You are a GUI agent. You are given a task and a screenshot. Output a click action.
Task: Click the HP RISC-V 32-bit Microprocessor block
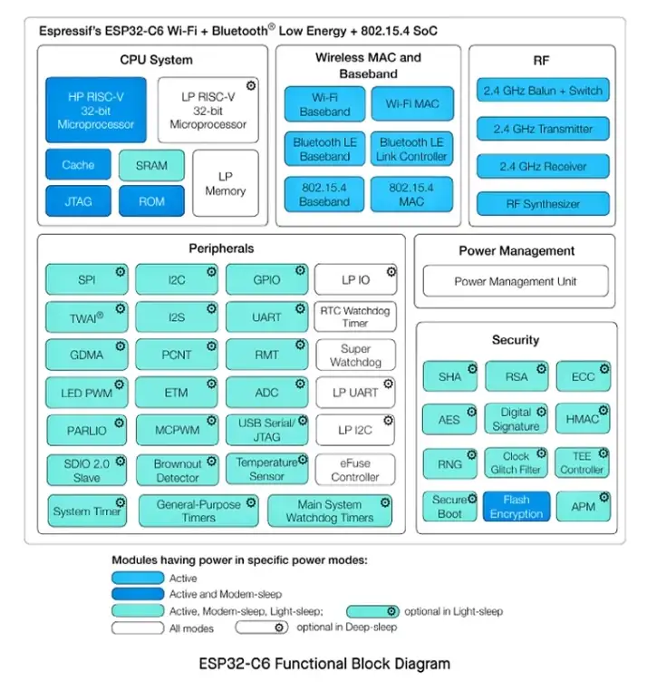95,110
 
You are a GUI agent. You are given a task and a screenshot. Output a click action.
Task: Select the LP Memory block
225,184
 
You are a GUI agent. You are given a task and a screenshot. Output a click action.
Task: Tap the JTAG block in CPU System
78,201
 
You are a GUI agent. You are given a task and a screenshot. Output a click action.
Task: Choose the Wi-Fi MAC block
412,103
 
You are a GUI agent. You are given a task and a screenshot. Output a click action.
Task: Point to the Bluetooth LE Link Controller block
412,150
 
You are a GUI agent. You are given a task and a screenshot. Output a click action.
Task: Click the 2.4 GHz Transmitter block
543,129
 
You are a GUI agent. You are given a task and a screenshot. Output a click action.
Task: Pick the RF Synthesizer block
543,204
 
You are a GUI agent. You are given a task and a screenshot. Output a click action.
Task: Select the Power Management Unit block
515,281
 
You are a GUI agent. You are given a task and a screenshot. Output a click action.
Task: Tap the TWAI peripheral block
87,317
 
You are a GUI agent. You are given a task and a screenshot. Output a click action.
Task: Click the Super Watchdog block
355,355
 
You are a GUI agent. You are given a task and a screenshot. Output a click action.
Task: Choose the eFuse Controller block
355,469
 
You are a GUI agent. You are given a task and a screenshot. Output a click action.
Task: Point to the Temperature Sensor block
266,469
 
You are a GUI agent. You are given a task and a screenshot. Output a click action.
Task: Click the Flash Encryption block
516,507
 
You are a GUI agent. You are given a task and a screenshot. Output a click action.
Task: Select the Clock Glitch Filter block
516,463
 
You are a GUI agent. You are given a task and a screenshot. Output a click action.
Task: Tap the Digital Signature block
516,419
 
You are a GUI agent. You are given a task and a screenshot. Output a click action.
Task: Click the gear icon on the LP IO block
390,271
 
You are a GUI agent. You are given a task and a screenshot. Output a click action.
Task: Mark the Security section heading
516,340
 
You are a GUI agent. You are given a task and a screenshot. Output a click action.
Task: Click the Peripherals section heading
221,248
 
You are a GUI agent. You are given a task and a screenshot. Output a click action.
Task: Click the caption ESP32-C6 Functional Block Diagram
324,664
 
